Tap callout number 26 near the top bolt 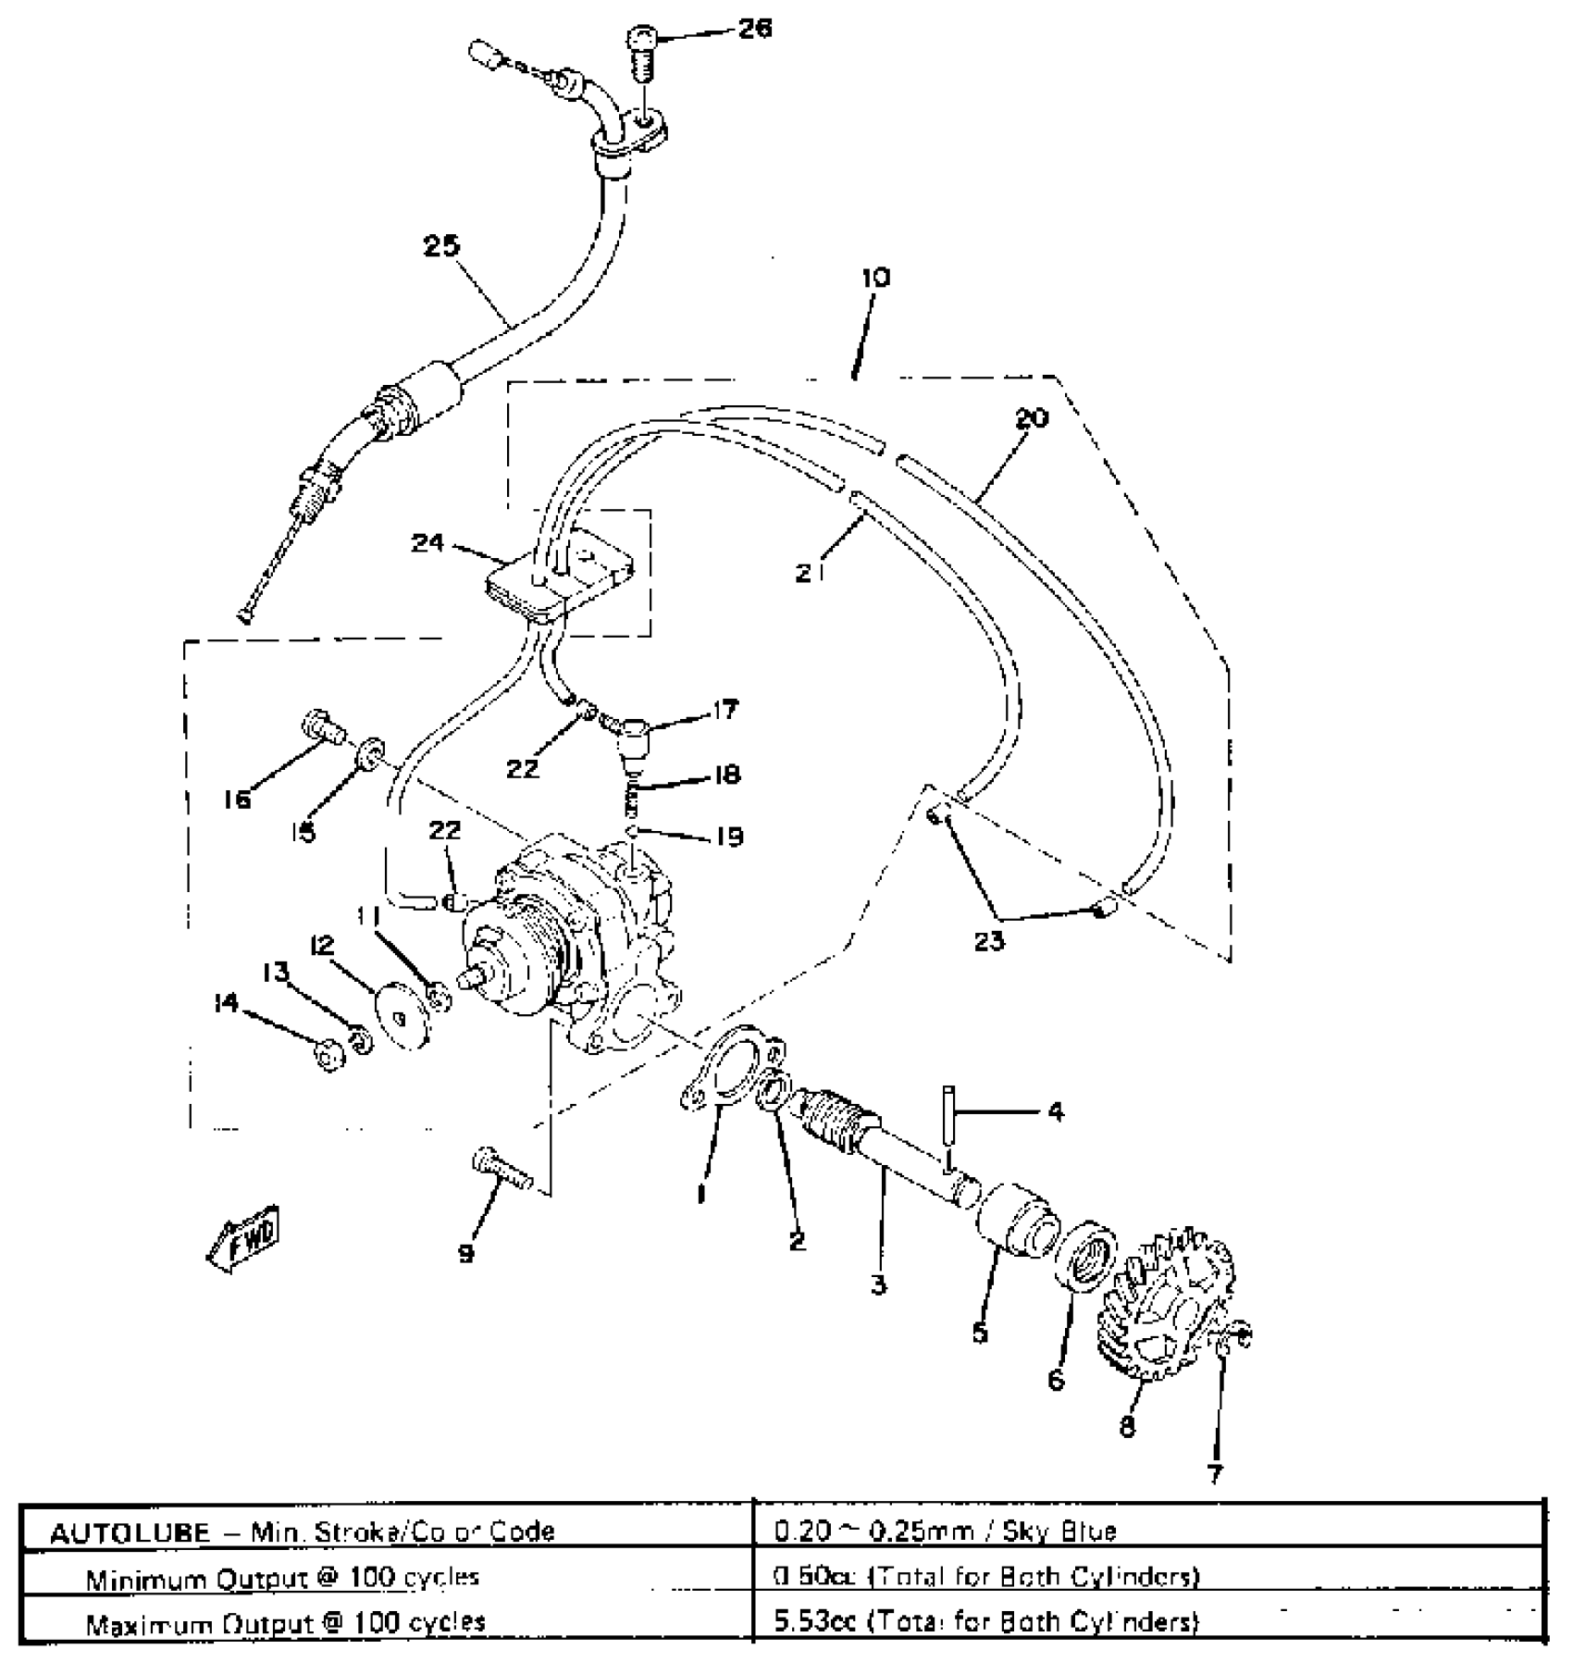(x=754, y=30)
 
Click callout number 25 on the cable (x=442, y=248)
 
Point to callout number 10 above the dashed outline (x=875, y=278)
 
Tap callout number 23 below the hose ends (x=988, y=941)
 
